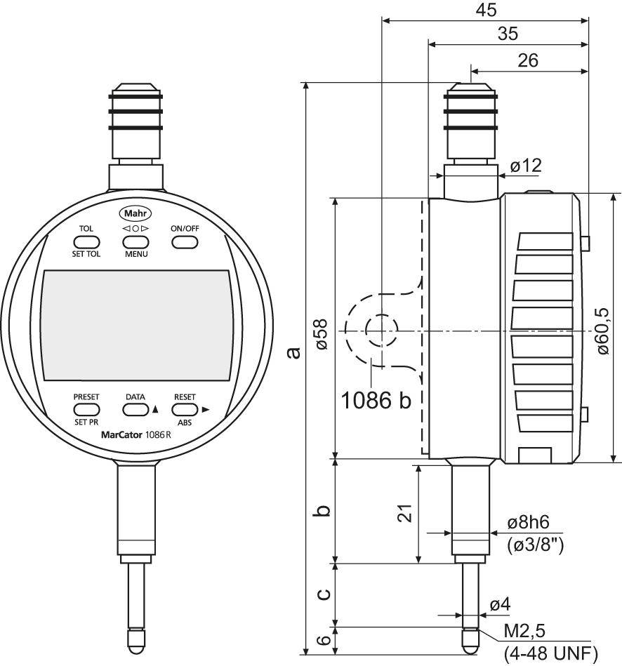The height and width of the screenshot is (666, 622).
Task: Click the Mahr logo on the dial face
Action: [x=137, y=213]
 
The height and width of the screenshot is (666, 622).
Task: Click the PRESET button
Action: [x=86, y=409]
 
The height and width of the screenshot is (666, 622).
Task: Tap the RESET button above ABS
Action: [x=184, y=409]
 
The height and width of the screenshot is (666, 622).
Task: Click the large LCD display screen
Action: [x=137, y=325]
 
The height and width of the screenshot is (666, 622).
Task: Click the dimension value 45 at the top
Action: [x=485, y=11]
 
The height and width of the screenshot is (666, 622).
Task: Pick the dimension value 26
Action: [x=527, y=60]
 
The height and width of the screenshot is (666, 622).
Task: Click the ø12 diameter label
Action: [x=526, y=166]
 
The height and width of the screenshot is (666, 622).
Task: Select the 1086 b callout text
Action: [x=376, y=400]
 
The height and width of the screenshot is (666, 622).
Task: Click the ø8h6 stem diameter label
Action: [x=527, y=524]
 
